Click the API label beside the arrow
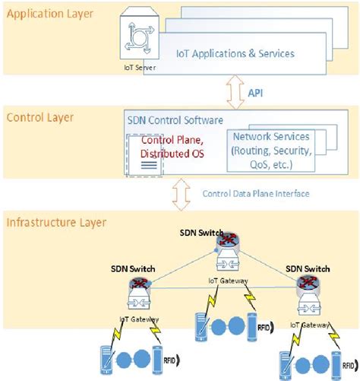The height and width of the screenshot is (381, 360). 257,92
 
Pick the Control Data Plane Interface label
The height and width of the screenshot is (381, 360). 255,193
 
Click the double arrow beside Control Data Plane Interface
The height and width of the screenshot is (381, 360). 181,193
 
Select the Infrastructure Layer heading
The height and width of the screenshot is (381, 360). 56,223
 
